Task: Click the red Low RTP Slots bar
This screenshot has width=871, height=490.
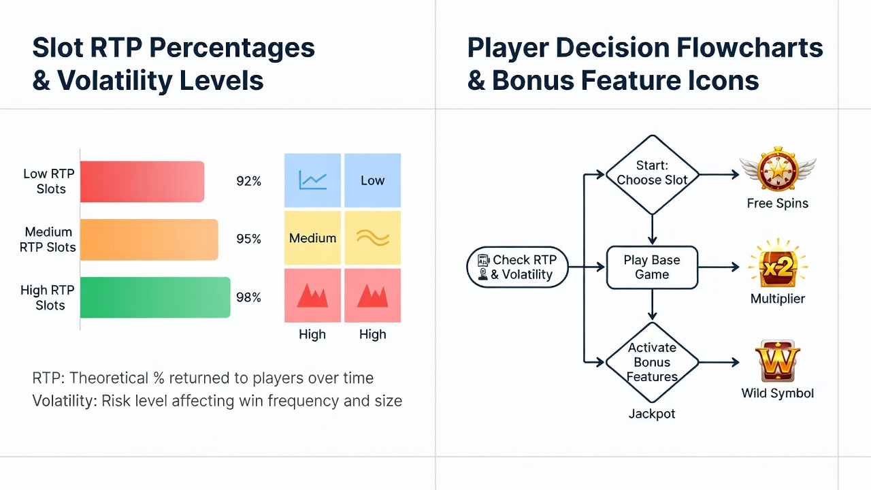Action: pyautogui.click(x=142, y=182)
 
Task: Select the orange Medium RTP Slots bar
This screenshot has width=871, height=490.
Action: pyautogui.click(x=149, y=240)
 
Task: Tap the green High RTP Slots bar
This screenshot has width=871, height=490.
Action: pyautogui.click(x=155, y=297)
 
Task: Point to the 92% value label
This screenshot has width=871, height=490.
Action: pyautogui.click(x=248, y=181)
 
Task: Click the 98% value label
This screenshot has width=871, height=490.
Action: pyautogui.click(x=248, y=297)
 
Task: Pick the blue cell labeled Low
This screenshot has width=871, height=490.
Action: pyautogui.click(x=372, y=180)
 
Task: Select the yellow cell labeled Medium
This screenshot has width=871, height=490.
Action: pyautogui.click(x=312, y=238)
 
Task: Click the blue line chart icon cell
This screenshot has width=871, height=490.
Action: pyautogui.click(x=312, y=180)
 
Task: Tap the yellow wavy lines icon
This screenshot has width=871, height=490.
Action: pyautogui.click(x=373, y=238)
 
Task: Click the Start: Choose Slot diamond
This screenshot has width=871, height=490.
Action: pyautogui.click(x=652, y=175)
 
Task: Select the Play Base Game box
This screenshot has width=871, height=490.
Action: pyautogui.click(x=652, y=267)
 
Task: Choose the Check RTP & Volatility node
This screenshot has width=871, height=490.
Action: pyautogui.click(x=518, y=267)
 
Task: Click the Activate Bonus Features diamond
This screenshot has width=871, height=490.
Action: pyautogui.click(x=652, y=362)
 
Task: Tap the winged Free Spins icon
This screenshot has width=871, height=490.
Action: pyautogui.click(x=778, y=169)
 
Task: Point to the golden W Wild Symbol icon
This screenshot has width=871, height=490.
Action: pyautogui.click(x=778, y=361)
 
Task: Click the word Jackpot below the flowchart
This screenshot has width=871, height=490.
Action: pyautogui.click(x=652, y=414)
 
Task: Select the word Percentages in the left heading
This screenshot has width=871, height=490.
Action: pyautogui.click(x=232, y=48)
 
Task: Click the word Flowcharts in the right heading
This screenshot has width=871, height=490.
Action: pyautogui.click(x=750, y=48)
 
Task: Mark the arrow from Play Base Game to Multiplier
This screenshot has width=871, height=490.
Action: pyautogui.click(x=719, y=267)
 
